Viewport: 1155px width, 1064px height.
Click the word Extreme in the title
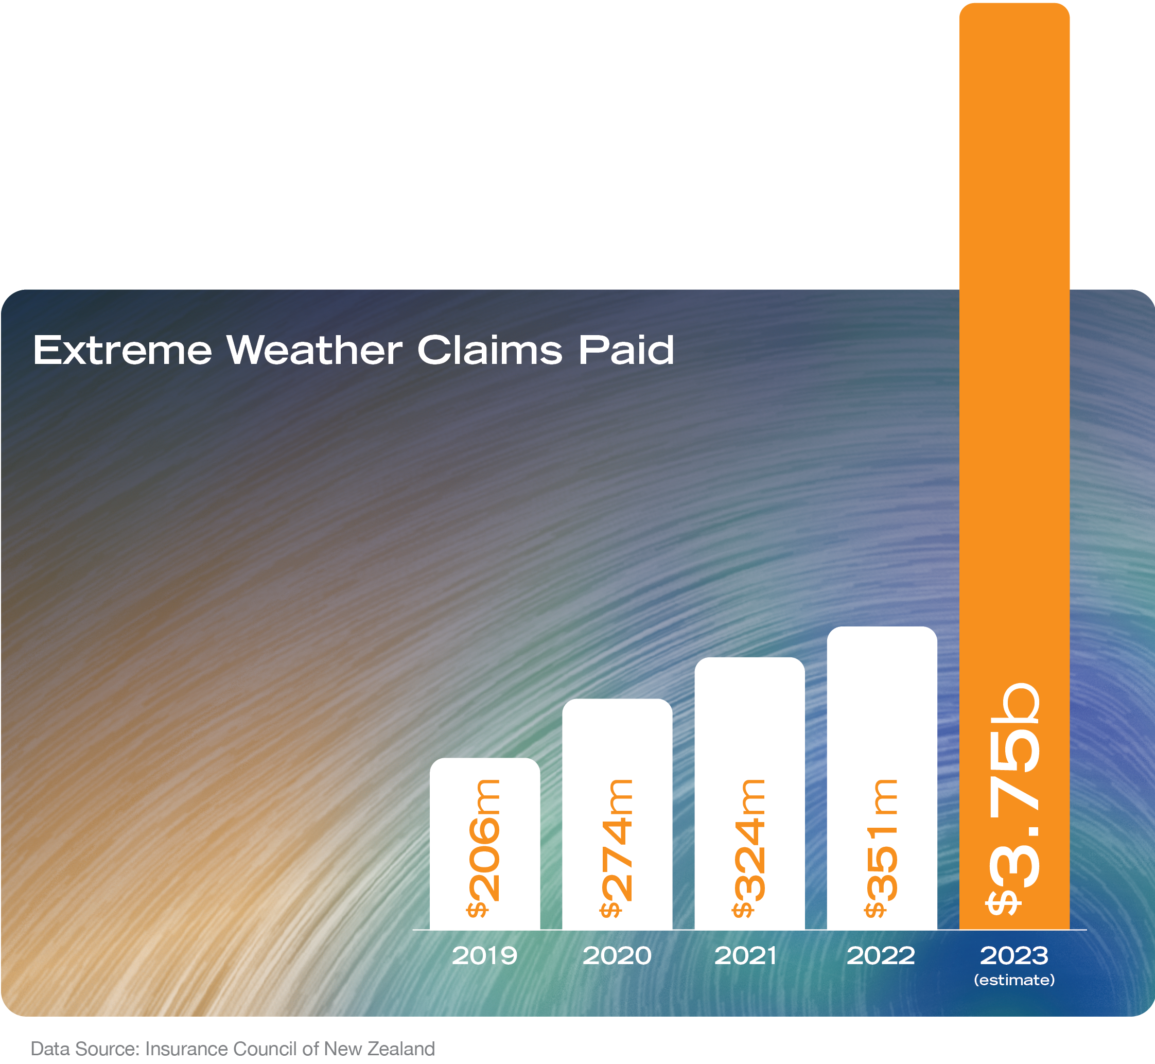(122, 350)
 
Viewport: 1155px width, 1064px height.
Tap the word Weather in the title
(314, 350)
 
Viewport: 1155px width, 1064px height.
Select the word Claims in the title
(489, 350)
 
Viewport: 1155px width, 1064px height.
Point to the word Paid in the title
(626, 350)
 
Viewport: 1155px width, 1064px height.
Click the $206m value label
(484, 848)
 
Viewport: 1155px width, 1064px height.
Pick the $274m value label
(617, 848)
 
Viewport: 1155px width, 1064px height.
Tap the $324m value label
(749, 848)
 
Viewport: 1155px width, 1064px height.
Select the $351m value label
(882, 848)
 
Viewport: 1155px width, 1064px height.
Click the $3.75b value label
(1014, 800)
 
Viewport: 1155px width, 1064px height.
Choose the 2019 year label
(484, 956)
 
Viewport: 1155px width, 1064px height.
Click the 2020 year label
(617, 956)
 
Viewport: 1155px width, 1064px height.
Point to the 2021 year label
(746, 956)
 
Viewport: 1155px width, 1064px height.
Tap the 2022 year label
(880, 956)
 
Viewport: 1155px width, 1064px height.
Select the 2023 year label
(1014, 956)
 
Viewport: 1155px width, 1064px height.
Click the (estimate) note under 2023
(1014, 980)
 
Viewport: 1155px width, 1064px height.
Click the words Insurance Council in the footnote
(222, 1049)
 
